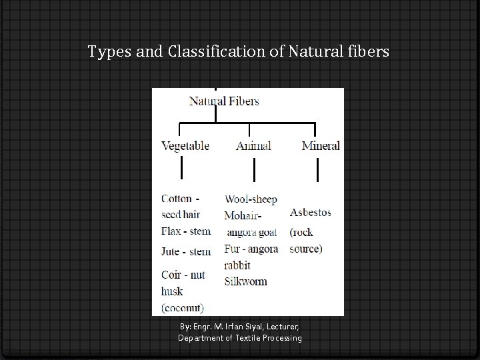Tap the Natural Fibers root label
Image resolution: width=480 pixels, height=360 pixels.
[x=224, y=101]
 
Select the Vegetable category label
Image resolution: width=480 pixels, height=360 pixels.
[x=185, y=146]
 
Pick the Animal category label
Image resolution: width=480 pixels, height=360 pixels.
[x=253, y=146]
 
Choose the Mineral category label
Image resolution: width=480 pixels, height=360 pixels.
[x=321, y=146]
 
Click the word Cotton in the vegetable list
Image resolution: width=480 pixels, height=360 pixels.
[x=176, y=199]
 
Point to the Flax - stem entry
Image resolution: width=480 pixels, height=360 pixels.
[x=186, y=231]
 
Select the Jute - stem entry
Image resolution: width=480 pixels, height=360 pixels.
[x=186, y=251]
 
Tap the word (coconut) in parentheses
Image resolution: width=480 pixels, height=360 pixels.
[x=183, y=307]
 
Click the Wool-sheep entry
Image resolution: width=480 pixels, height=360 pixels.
[x=251, y=199]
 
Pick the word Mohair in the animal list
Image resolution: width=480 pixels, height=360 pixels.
[x=241, y=216]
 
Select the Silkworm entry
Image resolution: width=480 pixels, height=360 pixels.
[x=245, y=281]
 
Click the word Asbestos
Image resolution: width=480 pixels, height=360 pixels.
[x=310, y=213]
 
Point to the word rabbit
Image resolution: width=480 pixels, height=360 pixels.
[x=237, y=265]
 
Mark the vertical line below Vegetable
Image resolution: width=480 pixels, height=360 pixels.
[x=181, y=171]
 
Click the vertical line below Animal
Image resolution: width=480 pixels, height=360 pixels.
[x=254, y=171]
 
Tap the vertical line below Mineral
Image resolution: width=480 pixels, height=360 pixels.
[x=317, y=171]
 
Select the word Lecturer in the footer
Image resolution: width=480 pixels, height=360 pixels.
[x=283, y=327]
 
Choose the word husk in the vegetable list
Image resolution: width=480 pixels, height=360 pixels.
[x=172, y=291]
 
